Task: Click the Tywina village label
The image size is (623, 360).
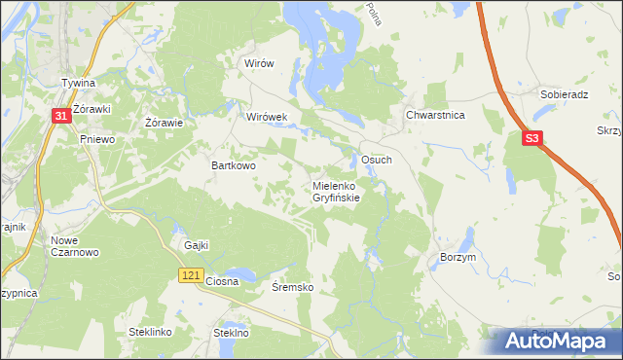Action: click(78, 84)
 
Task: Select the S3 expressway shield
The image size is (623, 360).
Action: click(531, 139)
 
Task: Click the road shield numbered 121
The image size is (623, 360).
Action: click(191, 277)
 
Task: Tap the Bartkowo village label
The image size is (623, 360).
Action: click(234, 165)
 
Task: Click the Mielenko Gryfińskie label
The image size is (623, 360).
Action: click(336, 191)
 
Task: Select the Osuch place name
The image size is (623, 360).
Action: click(377, 160)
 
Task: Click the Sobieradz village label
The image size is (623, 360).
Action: click(562, 95)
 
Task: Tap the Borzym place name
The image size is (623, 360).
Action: click(458, 256)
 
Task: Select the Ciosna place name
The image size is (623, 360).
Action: click(222, 281)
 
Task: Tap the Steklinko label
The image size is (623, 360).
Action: click(150, 332)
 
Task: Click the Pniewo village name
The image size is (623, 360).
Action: click(97, 139)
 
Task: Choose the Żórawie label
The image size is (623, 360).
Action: click(165, 123)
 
